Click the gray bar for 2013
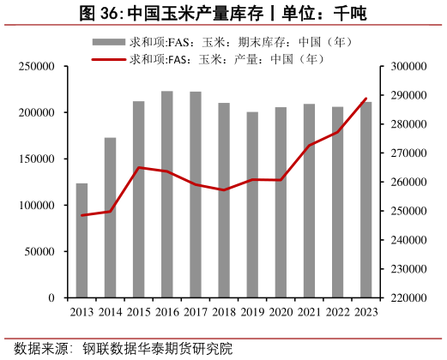[82, 241]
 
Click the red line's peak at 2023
[366, 99]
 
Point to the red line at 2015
[138, 167]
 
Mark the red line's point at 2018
[224, 190]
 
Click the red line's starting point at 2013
[82, 215]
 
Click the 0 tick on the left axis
[51, 298]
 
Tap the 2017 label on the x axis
[196, 312]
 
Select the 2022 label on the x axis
[338, 312]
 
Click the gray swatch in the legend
[108, 42]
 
